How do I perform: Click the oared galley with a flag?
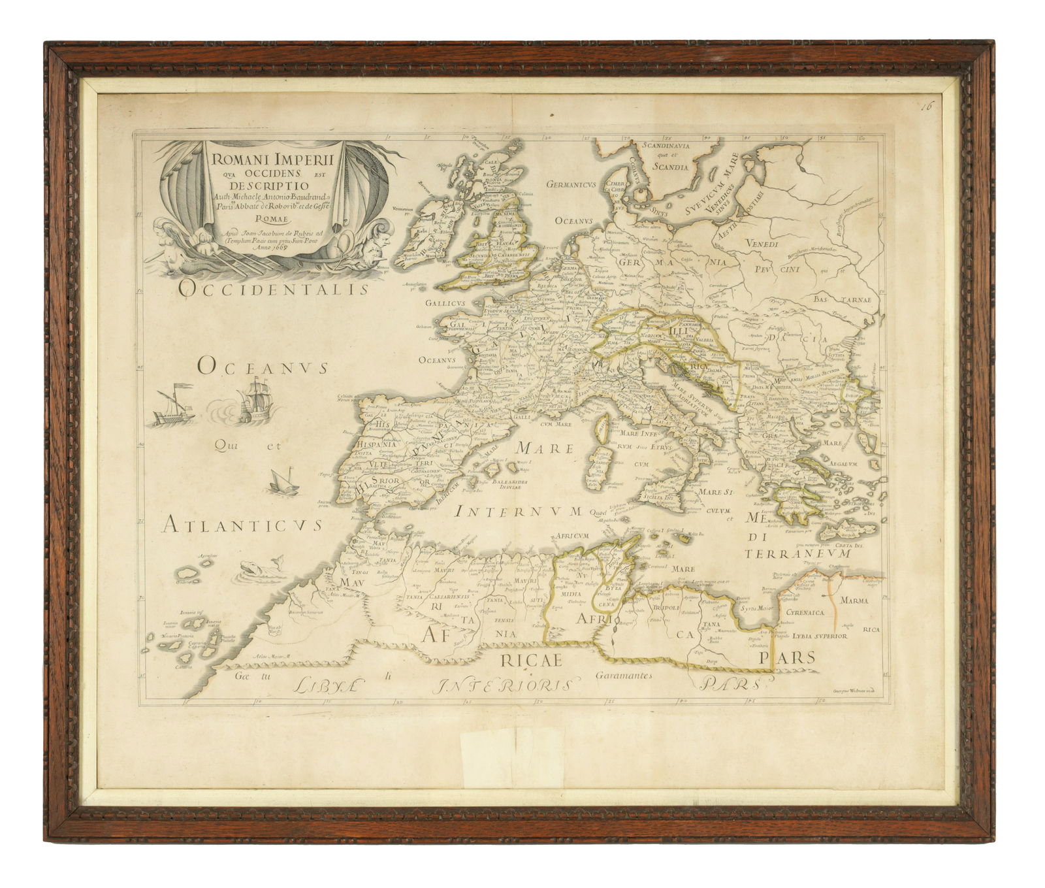point(174,408)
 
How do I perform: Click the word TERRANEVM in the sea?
point(797,553)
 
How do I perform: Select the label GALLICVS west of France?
point(445,303)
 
